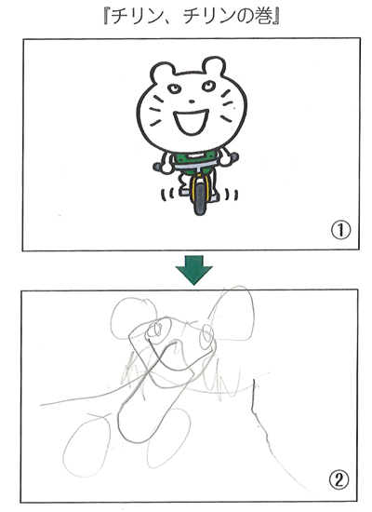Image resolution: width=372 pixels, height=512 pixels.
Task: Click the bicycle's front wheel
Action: tap(199, 195)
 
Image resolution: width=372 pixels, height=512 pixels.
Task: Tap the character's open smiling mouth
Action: tap(191, 123)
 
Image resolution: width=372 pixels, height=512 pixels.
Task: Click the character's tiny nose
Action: tap(193, 101)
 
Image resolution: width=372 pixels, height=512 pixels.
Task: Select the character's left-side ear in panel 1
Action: tap(163, 73)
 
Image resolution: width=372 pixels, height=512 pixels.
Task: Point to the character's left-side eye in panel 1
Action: tap(173, 88)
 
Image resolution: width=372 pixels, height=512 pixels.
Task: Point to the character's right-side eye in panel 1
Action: tap(207, 86)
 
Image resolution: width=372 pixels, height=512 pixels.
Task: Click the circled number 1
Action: tap(340, 231)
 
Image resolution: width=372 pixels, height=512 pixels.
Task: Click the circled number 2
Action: tap(339, 480)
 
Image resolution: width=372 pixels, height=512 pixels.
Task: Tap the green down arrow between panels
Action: tap(193, 270)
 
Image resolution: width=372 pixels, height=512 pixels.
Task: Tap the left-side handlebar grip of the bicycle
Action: tap(159, 168)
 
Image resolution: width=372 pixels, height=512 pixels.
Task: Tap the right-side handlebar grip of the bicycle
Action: tap(234, 157)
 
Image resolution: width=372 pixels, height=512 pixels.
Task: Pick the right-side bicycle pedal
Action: tap(214, 197)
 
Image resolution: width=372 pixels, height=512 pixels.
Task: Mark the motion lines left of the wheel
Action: tap(166, 195)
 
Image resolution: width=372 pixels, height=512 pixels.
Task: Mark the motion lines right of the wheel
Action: tap(232, 195)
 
